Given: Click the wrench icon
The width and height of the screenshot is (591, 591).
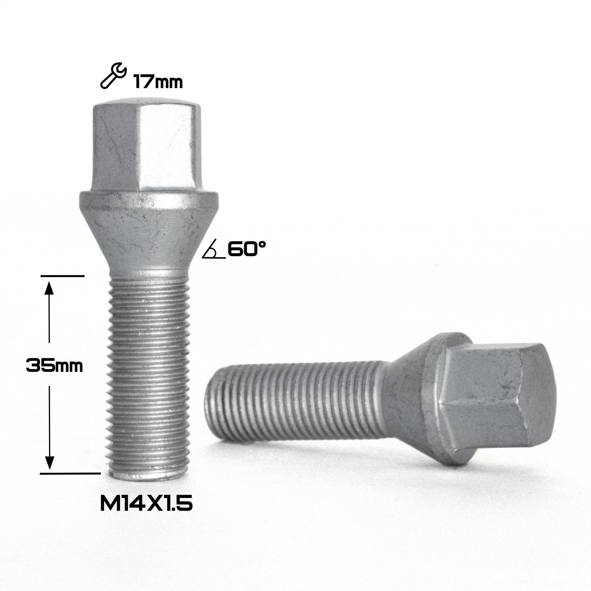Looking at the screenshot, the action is click(113, 76).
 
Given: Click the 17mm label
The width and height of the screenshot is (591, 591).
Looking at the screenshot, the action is click(158, 82).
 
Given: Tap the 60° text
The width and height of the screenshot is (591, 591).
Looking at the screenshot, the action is click(246, 249).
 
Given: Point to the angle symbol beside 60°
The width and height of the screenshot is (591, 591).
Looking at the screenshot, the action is click(214, 253).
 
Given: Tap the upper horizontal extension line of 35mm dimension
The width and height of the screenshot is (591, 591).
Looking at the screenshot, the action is click(62, 276).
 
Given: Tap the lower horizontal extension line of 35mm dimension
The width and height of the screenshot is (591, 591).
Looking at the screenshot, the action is click(70, 482).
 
